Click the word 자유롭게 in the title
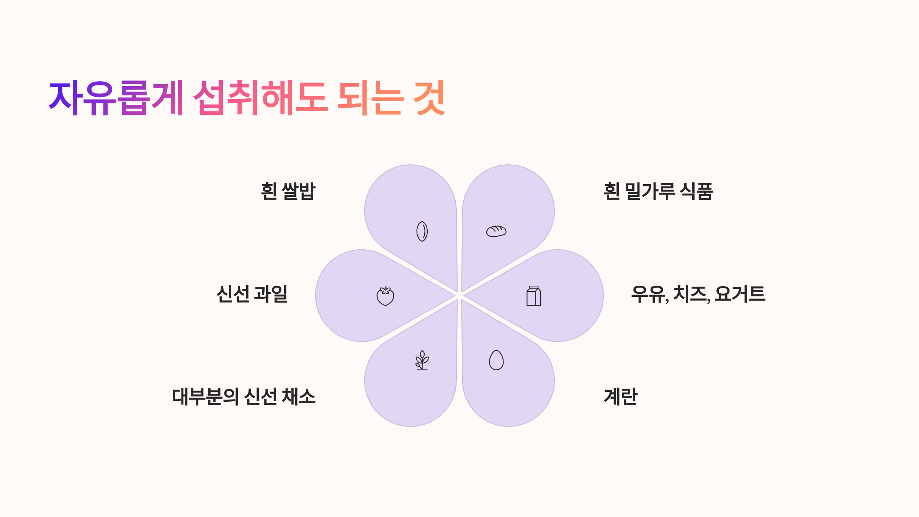116,98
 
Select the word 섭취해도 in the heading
260,98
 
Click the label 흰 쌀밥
288,191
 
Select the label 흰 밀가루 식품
658,191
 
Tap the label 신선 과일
252,294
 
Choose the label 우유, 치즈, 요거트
698,294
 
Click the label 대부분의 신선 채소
244,396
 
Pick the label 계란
620,396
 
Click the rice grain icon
422,231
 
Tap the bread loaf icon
496,231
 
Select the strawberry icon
385,296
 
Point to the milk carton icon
534,296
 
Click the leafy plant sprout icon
422,360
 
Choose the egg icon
496,360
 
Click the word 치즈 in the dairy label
691,294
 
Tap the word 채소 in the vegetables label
299,396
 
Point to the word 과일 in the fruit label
271,294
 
